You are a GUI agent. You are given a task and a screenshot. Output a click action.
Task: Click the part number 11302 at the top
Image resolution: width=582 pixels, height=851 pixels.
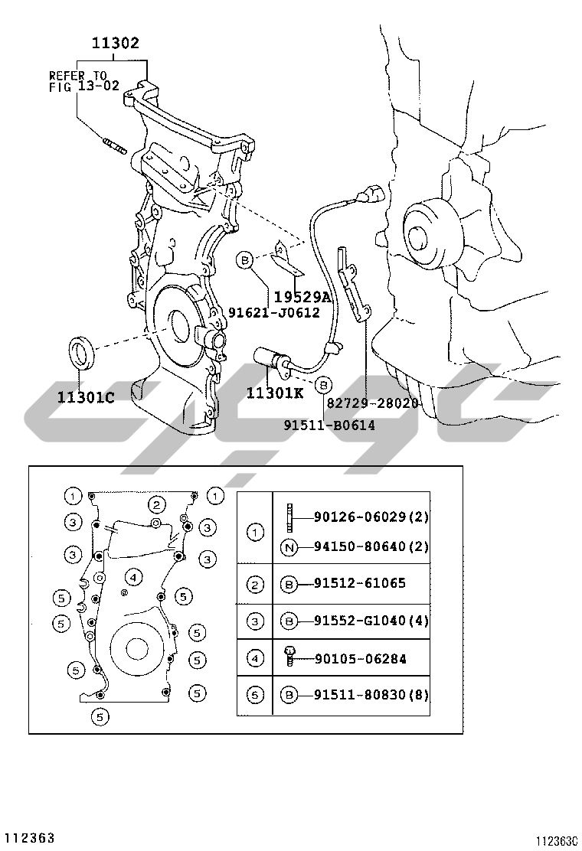pos(115,42)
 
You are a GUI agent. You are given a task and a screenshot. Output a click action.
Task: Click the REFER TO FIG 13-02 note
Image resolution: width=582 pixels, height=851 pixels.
pos(83,81)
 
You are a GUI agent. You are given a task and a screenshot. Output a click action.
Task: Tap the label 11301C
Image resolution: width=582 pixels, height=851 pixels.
pos(86,397)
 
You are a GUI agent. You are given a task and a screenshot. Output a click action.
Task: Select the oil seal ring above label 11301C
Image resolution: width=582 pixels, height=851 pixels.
pos(83,353)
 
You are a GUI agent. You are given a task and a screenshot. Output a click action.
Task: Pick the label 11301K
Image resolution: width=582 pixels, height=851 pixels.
pos(275,393)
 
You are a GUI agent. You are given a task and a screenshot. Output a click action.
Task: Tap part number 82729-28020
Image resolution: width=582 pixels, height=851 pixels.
pos(372,403)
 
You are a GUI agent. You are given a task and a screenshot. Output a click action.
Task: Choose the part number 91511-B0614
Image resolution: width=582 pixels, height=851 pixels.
pos(329,425)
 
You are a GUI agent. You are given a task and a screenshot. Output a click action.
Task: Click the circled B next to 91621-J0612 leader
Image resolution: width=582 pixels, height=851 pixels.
pos(245,261)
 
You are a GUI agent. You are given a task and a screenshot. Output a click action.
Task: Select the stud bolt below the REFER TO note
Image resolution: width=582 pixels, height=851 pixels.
pos(113,145)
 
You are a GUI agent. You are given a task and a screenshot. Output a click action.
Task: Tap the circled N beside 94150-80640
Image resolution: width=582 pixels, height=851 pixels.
pos(289,547)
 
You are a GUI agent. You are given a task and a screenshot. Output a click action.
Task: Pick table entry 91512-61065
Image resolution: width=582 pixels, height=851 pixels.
pos(359,583)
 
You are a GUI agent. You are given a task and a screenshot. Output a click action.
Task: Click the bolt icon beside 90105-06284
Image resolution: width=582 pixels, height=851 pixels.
pos(289,657)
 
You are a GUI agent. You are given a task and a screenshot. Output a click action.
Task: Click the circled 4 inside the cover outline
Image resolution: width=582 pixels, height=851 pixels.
pos(133,576)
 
